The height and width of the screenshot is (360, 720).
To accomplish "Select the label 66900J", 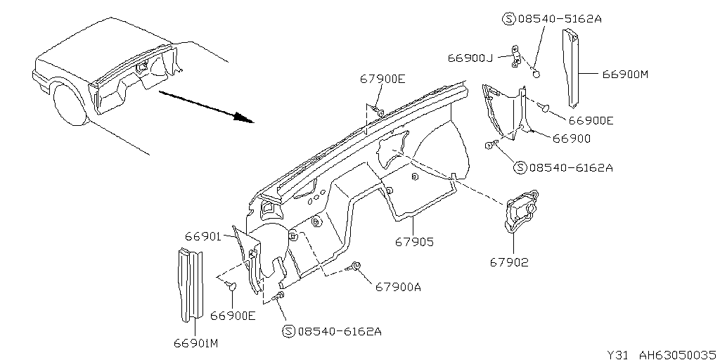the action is [x=467, y=58].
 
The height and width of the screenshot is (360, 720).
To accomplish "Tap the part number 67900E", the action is [x=382, y=79].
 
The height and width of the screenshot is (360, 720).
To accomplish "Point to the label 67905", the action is [x=414, y=242].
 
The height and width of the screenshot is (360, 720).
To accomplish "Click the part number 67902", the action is [x=509, y=262].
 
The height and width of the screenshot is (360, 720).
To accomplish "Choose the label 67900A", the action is [x=398, y=287].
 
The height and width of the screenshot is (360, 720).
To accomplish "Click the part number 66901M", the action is [x=196, y=343].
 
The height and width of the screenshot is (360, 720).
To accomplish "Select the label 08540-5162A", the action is [x=560, y=19].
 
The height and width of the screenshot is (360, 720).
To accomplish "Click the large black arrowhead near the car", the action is [x=243, y=117].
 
